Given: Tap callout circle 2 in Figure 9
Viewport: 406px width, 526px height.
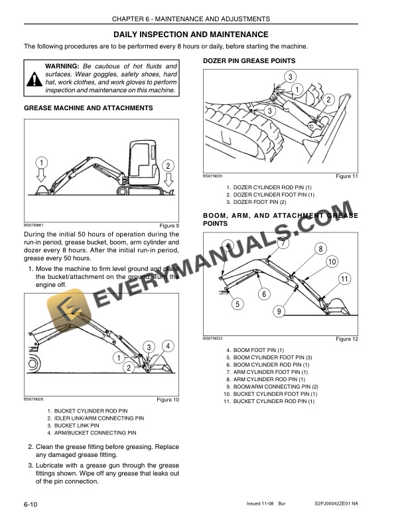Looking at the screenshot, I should click(169, 166).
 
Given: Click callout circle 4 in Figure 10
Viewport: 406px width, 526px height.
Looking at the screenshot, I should click(169, 346).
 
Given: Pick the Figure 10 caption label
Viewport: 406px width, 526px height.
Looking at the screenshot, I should click(168, 400).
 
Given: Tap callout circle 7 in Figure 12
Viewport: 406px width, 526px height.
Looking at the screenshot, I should click(283, 243).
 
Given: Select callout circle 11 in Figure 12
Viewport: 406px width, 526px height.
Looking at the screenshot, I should click(344, 279).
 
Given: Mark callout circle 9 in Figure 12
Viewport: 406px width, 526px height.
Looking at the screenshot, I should click(279, 311).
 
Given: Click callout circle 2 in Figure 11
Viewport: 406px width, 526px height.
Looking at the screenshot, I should click(328, 100).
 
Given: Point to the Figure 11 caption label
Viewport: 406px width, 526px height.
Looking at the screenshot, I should click(347, 176).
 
